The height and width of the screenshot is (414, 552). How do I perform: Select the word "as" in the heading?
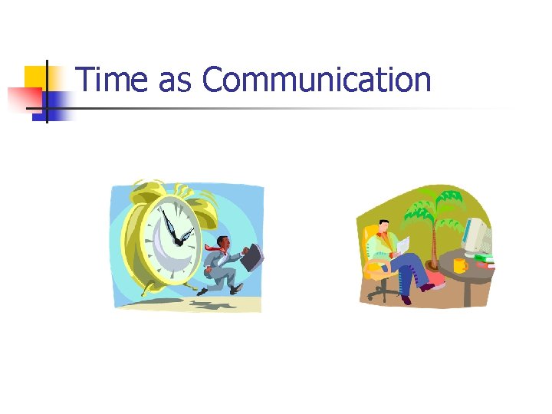[x=175, y=81]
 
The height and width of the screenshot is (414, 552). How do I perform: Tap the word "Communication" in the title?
[x=317, y=80]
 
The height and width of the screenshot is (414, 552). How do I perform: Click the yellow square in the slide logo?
[x=35, y=76]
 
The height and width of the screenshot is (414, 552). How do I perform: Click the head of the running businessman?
[x=224, y=243]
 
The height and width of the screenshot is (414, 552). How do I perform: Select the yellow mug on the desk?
[x=459, y=265]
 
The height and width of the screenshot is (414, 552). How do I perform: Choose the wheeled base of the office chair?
[x=381, y=294]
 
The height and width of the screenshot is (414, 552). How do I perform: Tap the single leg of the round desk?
[x=466, y=294]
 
